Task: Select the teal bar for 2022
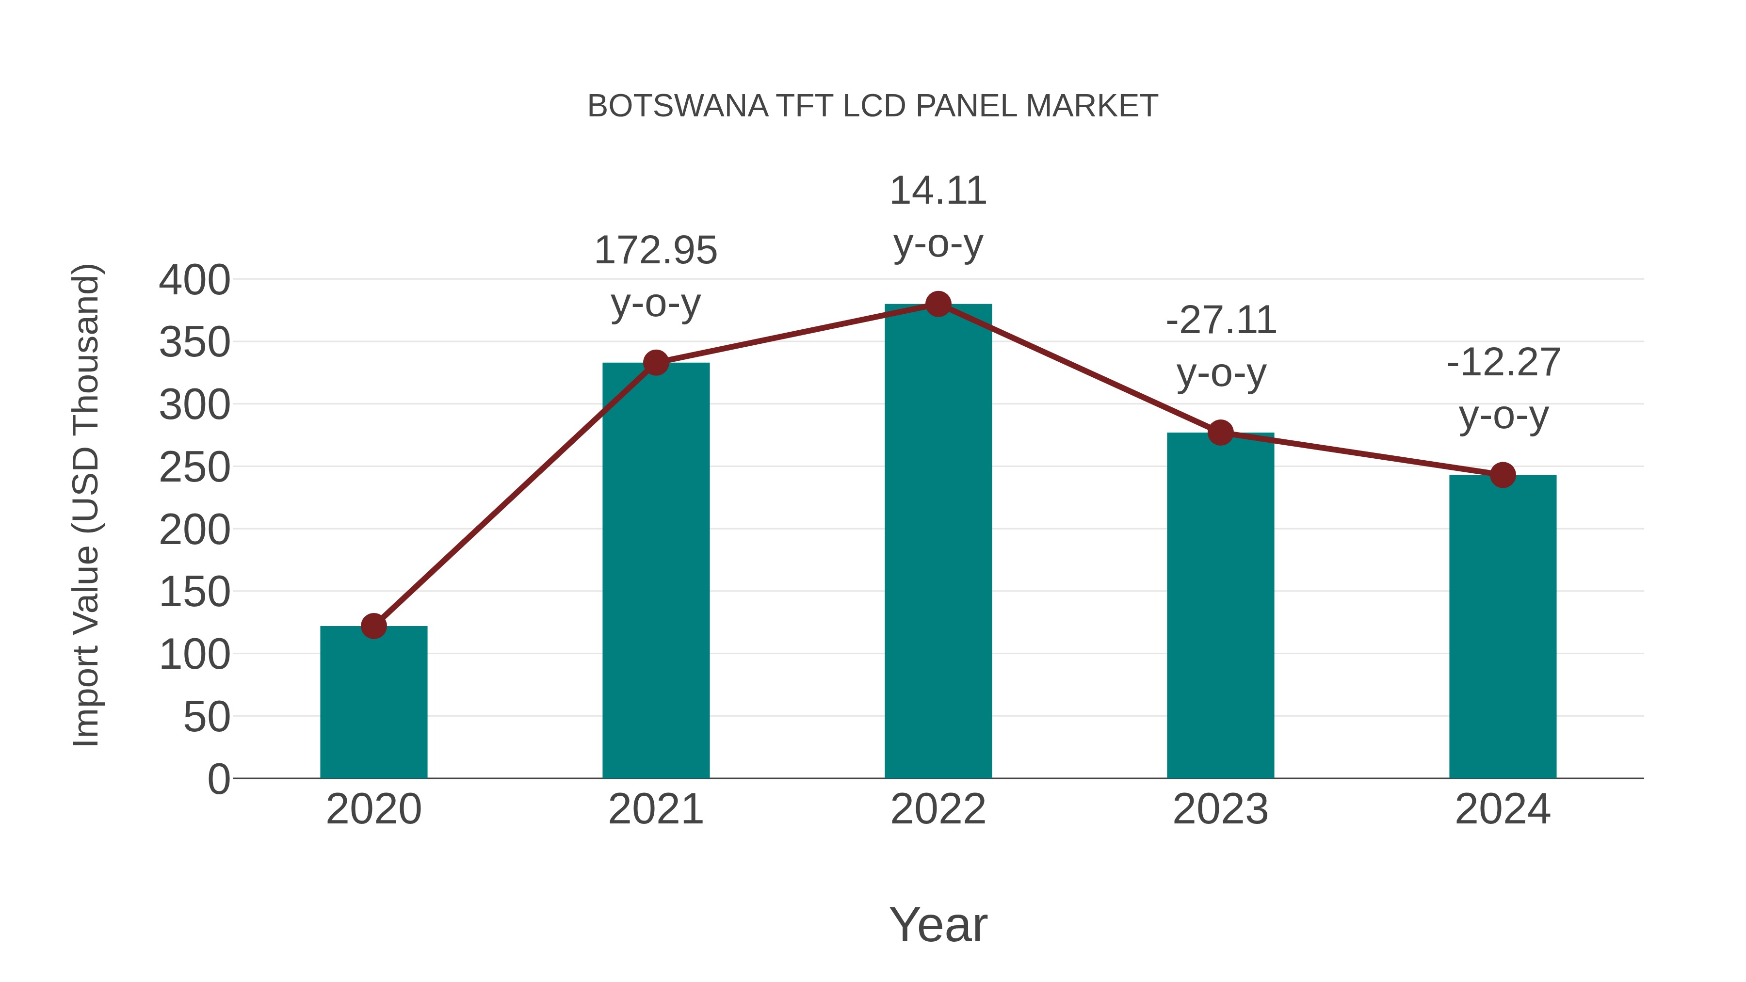[938, 542]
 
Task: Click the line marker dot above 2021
[655, 363]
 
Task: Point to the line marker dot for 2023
[1220, 433]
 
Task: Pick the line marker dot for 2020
[373, 626]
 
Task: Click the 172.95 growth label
[655, 251]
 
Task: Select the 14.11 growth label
[938, 191]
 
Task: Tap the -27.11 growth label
[1221, 321]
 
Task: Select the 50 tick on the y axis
[207, 717]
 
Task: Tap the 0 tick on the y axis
[219, 779]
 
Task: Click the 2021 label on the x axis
[655, 809]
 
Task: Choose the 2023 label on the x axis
[1220, 809]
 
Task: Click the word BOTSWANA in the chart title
[678, 106]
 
